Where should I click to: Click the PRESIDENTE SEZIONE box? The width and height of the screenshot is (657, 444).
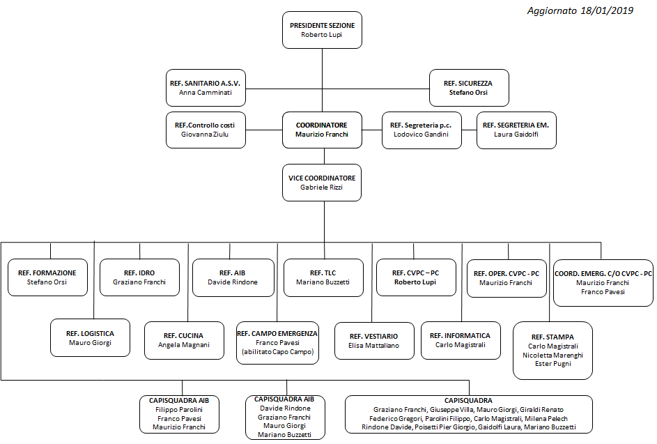(x=322, y=30)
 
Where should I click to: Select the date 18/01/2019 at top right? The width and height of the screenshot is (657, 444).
(x=606, y=10)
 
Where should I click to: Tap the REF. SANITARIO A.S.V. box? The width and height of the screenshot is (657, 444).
(x=206, y=88)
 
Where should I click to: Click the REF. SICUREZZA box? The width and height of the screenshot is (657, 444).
(x=469, y=88)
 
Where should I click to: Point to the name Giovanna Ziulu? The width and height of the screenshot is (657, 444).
(x=205, y=134)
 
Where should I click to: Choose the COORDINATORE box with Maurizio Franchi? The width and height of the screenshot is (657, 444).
(x=322, y=130)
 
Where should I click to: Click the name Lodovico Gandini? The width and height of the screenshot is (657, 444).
(x=421, y=134)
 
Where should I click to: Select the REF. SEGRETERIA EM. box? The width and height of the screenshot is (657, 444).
(x=516, y=130)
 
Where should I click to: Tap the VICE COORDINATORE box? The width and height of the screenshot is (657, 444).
(x=322, y=183)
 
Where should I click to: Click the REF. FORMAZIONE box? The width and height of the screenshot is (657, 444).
(x=47, y=277)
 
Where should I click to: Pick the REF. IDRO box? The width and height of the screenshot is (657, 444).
(x=139, y=277)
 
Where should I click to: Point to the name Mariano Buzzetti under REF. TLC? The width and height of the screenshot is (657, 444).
(x=323, y=282)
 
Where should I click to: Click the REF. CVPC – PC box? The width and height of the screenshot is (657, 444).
(x=416, y=277)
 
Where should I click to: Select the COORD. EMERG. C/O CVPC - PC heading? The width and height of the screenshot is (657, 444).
(x=603, y=273)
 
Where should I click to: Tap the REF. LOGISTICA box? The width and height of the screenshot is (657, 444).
(x=90, y=338)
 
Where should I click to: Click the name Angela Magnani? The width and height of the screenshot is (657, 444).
(x=184, y=344)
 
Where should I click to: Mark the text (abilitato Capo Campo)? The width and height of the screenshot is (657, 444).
(x=277, y=352)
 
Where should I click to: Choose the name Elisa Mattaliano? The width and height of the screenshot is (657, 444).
(x=373, y=346)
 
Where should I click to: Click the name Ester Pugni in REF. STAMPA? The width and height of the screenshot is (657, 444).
(x=552, y=364)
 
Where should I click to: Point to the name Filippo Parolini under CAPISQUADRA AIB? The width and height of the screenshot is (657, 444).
(x=179, y=410)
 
